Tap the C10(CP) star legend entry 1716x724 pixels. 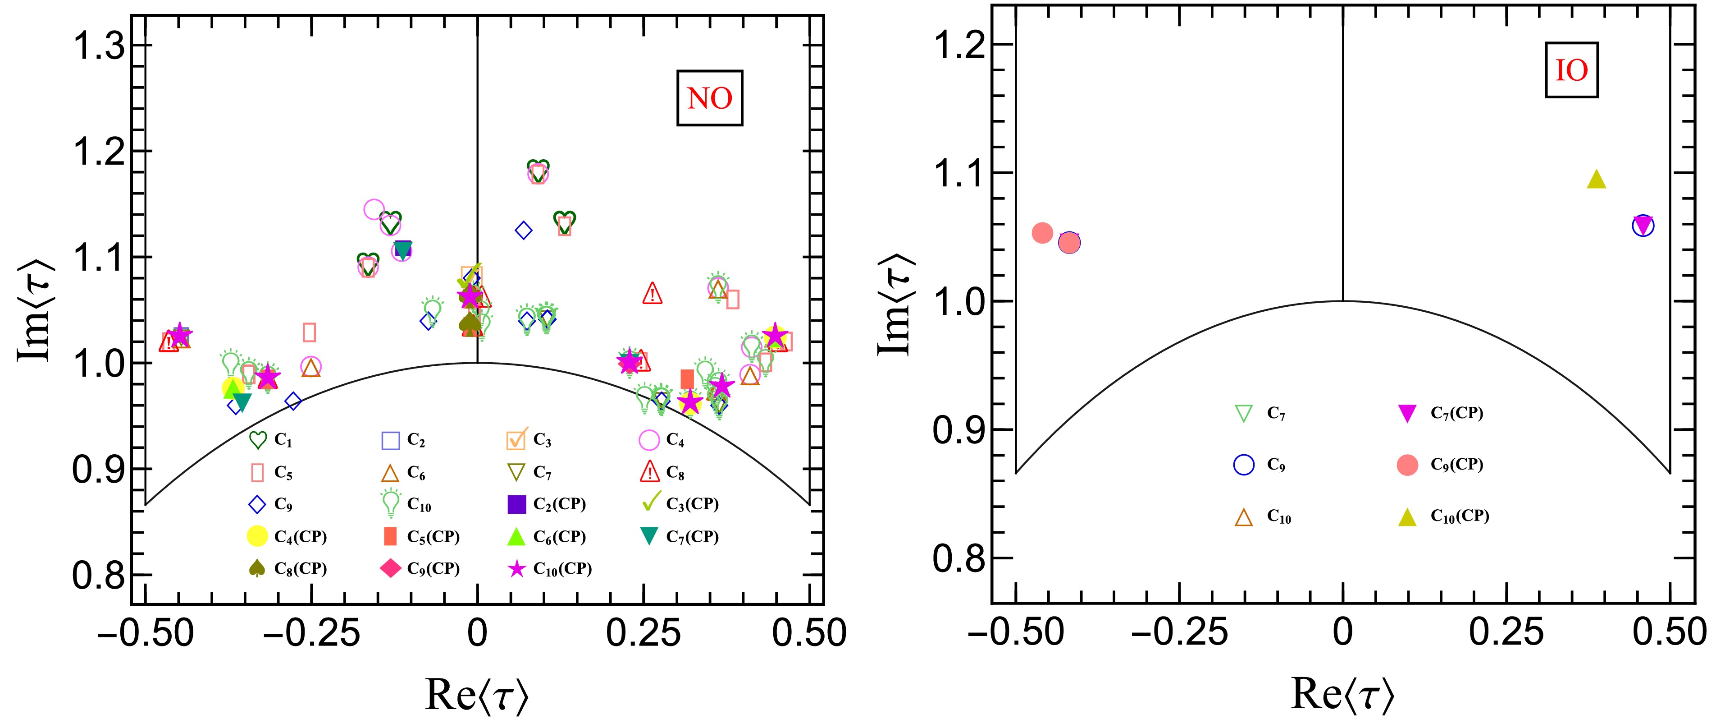[x=550, y=569]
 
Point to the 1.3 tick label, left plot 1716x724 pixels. [x=99, y=46]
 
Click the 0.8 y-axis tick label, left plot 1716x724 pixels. [x=99, y=575]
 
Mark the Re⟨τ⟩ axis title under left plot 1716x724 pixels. [x=477, y=695]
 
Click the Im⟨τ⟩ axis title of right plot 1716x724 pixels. [x=894, y=304]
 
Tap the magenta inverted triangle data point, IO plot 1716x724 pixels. [x=1643, y=226]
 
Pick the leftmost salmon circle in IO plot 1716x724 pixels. [x=1042, y=233]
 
